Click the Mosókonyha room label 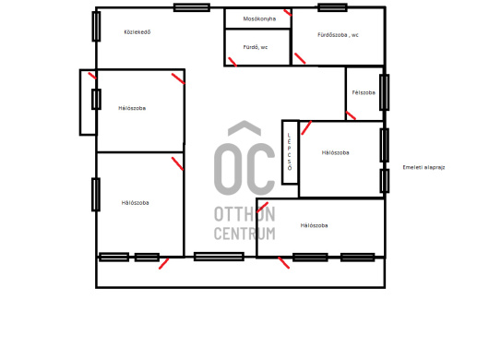[x=259, y=18]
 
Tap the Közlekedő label [x=137, y=31]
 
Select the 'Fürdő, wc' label [x=256, y=47]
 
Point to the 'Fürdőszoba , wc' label [x=338, y=35]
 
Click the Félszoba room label [x=364, y=92]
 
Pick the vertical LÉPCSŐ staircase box [x=290, y=152]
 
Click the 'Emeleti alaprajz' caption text [x=423, y=167]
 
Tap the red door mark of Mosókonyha [x=288, y=13]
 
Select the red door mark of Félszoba [x=351, y=115]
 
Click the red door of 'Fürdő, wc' [x=233, y=62]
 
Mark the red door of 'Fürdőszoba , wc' [x=300, y=58]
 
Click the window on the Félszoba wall [x=384, y=92]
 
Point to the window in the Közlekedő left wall [x=96, y=26]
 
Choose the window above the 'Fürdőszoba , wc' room [x=332, y=7]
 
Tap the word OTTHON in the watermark [x=244, y=214]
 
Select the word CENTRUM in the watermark [x=244, y=233]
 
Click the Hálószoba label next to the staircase [x=335, y=152]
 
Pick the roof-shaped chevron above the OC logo [x=244, y=128]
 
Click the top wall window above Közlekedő [x=192, y=7]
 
